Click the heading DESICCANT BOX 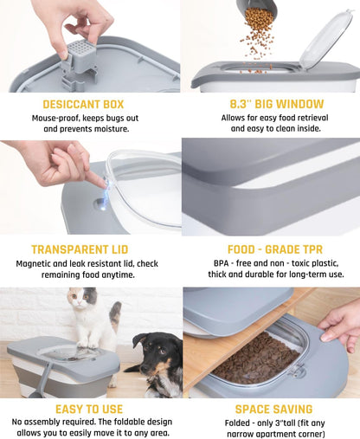83,104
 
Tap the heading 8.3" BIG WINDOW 277,104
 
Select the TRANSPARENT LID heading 80,249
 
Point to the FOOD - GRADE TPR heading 275,249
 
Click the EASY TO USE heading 89,410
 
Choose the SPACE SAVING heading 273,410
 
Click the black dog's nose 144,367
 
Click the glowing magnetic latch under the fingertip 103,203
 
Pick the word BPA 221,263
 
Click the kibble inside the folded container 257,358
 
